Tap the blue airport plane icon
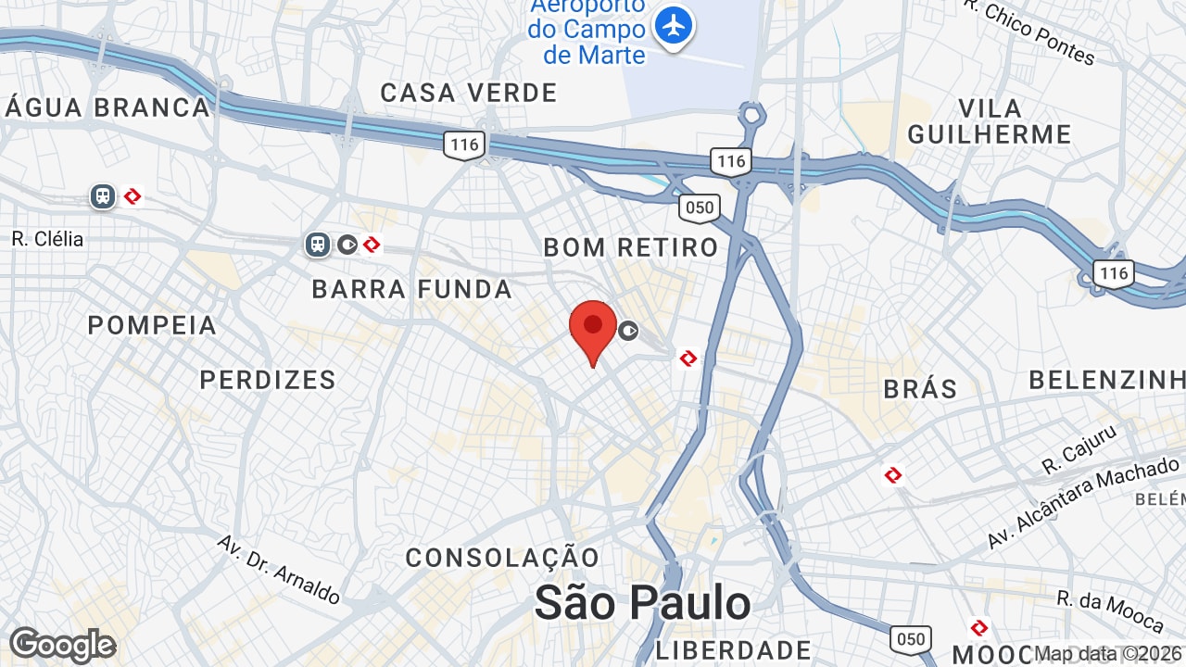click(x=674, y=25)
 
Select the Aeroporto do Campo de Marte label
click(x=587, y=31)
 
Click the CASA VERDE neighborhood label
click(x=469, y=93)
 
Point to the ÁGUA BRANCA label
click(x=108, y=107)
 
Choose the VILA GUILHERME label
click(x=990, y=120)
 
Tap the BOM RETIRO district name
click(x=631, y=247)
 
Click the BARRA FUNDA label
click(x=412, y=289)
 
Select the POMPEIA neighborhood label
click(x=153, y=325)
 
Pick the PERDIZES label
click(x=268, y=380)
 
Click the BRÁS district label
click(x=920, y=388)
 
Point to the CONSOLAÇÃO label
click(x=503, y=558)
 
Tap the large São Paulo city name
click(x=643, y=603)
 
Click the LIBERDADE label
click(x=734, y=649)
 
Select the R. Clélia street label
click(x=47, y=239)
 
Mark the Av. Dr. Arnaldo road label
click(x=279, y=569)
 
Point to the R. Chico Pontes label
click(x=1028, y=32)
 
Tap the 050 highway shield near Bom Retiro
click(x=699, y=208)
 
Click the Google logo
click(x=62, y=645)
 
